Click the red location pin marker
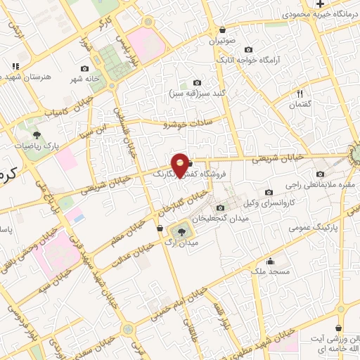tap(181, 165)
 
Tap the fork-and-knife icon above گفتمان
tap(300, 93)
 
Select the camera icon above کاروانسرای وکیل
tap(269, 192)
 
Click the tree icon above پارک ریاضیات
tap(37, 134)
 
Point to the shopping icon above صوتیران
tap(223, 30)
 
